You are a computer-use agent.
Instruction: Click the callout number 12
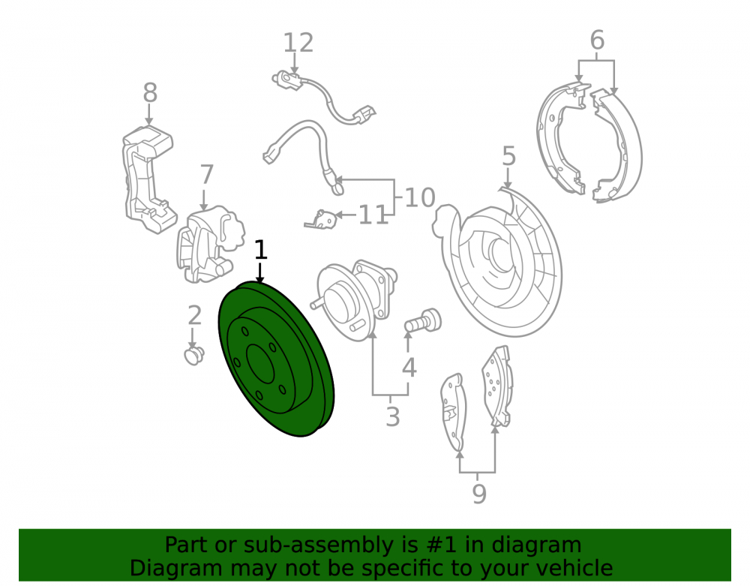(298, 43)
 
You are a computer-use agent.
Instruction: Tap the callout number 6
(597, 40)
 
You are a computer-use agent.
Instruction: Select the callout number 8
(150, 93)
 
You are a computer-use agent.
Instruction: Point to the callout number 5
(509, 156)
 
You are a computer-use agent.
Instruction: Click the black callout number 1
(260, 250)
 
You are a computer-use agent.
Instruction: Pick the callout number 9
(478, 494)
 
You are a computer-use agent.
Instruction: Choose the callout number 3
(393, 416)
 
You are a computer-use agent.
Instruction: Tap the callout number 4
(409, 368)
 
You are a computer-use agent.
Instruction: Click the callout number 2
(194, 315)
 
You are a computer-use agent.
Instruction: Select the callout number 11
(373, 215)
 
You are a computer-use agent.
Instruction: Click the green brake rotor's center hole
(260, 364)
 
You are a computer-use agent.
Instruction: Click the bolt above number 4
(423, 320)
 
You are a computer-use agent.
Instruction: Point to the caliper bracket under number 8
(148, 179)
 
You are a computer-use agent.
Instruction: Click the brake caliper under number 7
(209, 244)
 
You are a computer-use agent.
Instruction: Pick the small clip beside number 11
(322, 218)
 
